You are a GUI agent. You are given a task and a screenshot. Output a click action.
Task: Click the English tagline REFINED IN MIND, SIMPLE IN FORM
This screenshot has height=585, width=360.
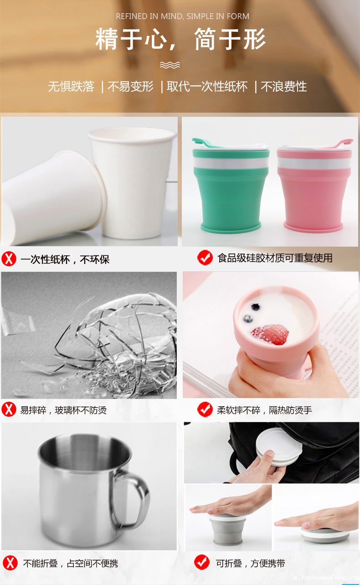point(182,16)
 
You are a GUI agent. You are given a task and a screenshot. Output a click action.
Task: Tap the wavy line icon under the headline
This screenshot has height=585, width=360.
point(170,65)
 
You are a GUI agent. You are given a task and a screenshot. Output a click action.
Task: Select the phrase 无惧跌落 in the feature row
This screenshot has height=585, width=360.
point(71,87)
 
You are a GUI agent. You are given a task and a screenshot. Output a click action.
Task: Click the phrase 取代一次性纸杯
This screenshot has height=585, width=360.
point(207,87)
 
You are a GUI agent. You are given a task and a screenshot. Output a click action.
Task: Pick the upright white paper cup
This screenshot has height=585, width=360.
point(133,183)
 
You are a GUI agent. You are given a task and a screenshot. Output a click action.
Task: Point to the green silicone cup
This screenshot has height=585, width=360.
point(231,186)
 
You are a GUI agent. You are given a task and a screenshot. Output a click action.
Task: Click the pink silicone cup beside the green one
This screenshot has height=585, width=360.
point(314,186)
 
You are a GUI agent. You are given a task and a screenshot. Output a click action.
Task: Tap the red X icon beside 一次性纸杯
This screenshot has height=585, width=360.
point(9,259)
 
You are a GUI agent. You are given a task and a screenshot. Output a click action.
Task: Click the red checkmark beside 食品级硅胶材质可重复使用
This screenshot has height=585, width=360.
point(205,258)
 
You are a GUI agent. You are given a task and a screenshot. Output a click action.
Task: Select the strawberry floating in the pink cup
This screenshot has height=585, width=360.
point(270,335)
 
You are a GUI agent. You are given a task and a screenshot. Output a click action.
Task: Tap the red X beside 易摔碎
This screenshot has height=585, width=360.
point(9,409)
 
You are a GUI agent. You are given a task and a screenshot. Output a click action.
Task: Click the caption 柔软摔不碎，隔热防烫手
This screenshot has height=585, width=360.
point(264,410)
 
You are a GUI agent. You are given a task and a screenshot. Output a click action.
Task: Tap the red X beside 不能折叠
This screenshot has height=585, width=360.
point(10,563)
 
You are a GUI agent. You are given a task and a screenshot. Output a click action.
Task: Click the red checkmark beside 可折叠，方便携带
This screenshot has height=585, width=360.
point(202,562)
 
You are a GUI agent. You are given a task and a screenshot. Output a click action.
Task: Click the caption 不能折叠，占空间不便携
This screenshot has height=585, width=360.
point(71,564)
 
